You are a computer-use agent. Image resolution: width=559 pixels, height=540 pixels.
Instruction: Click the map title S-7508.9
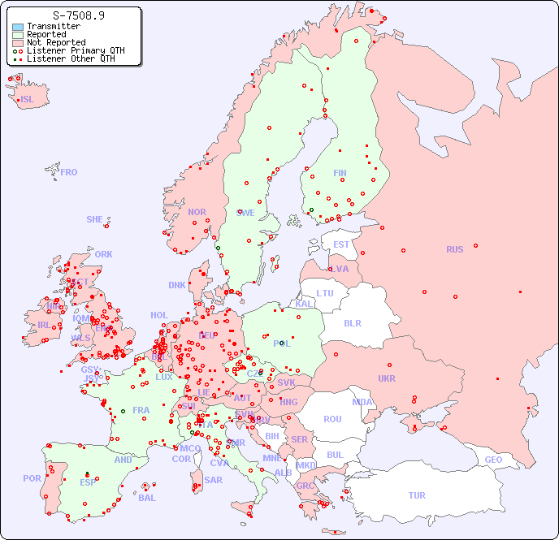click(x=78, y=15)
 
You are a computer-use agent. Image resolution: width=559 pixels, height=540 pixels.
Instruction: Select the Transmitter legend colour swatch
click(x=18, y=27)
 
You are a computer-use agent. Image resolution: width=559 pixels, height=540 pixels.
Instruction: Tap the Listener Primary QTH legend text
click(x=76, y=51)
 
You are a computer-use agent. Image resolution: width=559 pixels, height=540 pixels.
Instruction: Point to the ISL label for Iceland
click(x=28, y=100)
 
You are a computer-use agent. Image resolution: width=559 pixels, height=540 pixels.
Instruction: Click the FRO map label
click(x=69, y=172)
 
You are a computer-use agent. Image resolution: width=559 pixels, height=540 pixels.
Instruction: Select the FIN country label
click(x=340, y=173)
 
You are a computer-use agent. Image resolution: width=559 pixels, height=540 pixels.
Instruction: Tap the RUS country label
click(x=454, y=249)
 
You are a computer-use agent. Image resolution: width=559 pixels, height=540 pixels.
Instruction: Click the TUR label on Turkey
click(x=417, y=495)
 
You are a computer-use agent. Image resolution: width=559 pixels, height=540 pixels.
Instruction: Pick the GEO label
click(x=493, y=460)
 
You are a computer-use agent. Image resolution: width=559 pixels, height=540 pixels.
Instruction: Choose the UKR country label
click(x=387, y=378)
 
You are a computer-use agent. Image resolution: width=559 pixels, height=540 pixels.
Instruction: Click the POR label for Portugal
click(x=32, y=478)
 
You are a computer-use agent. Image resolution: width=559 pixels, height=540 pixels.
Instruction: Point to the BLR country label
click(x=353, y=322)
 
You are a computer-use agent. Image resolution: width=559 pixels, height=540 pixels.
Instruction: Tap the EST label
click(x=341, y=244)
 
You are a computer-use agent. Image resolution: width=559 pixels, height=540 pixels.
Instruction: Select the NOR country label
click(x=197, y=212)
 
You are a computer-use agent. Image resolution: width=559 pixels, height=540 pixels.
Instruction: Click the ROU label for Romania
click(x=333, y=419)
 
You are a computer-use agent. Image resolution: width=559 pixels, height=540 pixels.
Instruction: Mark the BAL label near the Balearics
click(x=147, y=498)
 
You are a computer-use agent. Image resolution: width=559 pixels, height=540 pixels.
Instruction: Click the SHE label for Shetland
click(x=95, y=219)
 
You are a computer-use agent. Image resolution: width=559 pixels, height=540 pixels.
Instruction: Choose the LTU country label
click(x=325, y=293)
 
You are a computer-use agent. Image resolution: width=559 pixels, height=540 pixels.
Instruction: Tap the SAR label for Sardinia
click(x=214, y=480)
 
